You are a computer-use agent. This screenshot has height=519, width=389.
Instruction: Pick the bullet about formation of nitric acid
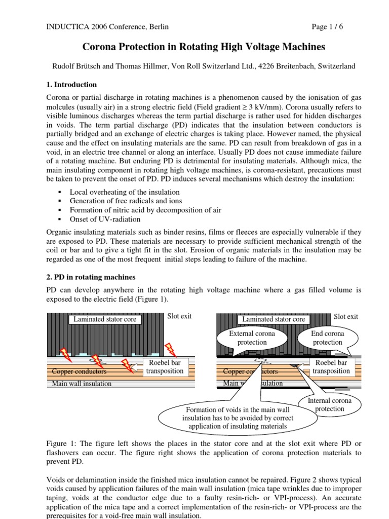coord(145,210)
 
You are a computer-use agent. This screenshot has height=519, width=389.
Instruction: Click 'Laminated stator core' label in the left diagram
coord(105,319)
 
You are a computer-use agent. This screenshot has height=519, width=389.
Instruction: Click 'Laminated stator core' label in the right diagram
coord(274,319)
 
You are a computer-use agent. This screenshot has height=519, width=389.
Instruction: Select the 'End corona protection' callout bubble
coord(327,338)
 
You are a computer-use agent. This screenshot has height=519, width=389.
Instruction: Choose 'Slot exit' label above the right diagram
coord(346,317)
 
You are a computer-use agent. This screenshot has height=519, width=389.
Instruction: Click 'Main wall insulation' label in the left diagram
coord(82,384)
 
